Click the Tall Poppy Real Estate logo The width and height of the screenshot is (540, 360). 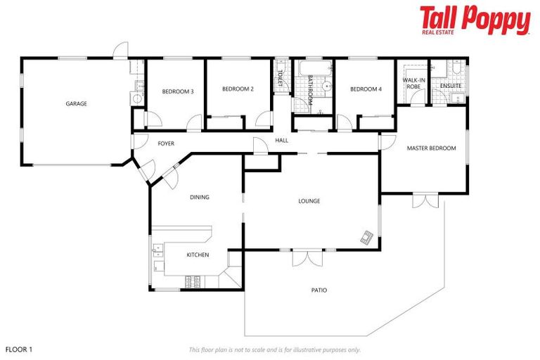point(475,20)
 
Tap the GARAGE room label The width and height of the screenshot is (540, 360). point(76,104)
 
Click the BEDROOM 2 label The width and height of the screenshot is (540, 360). point(238,89)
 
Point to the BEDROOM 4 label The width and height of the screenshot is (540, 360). point(366,89)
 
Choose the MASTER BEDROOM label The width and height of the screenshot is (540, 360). point(431,148)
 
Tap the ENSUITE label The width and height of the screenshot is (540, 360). point(451,86)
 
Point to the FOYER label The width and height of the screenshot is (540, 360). point(166,143)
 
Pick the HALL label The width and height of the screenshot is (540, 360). point(281,141)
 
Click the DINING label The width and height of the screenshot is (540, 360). point(199,198)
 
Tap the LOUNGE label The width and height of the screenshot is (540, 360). point(309,201)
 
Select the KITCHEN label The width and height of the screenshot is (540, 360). point(197,255)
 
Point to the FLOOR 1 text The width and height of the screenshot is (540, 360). point(19,349)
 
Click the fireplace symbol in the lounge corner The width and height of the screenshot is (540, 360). point(367,238)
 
